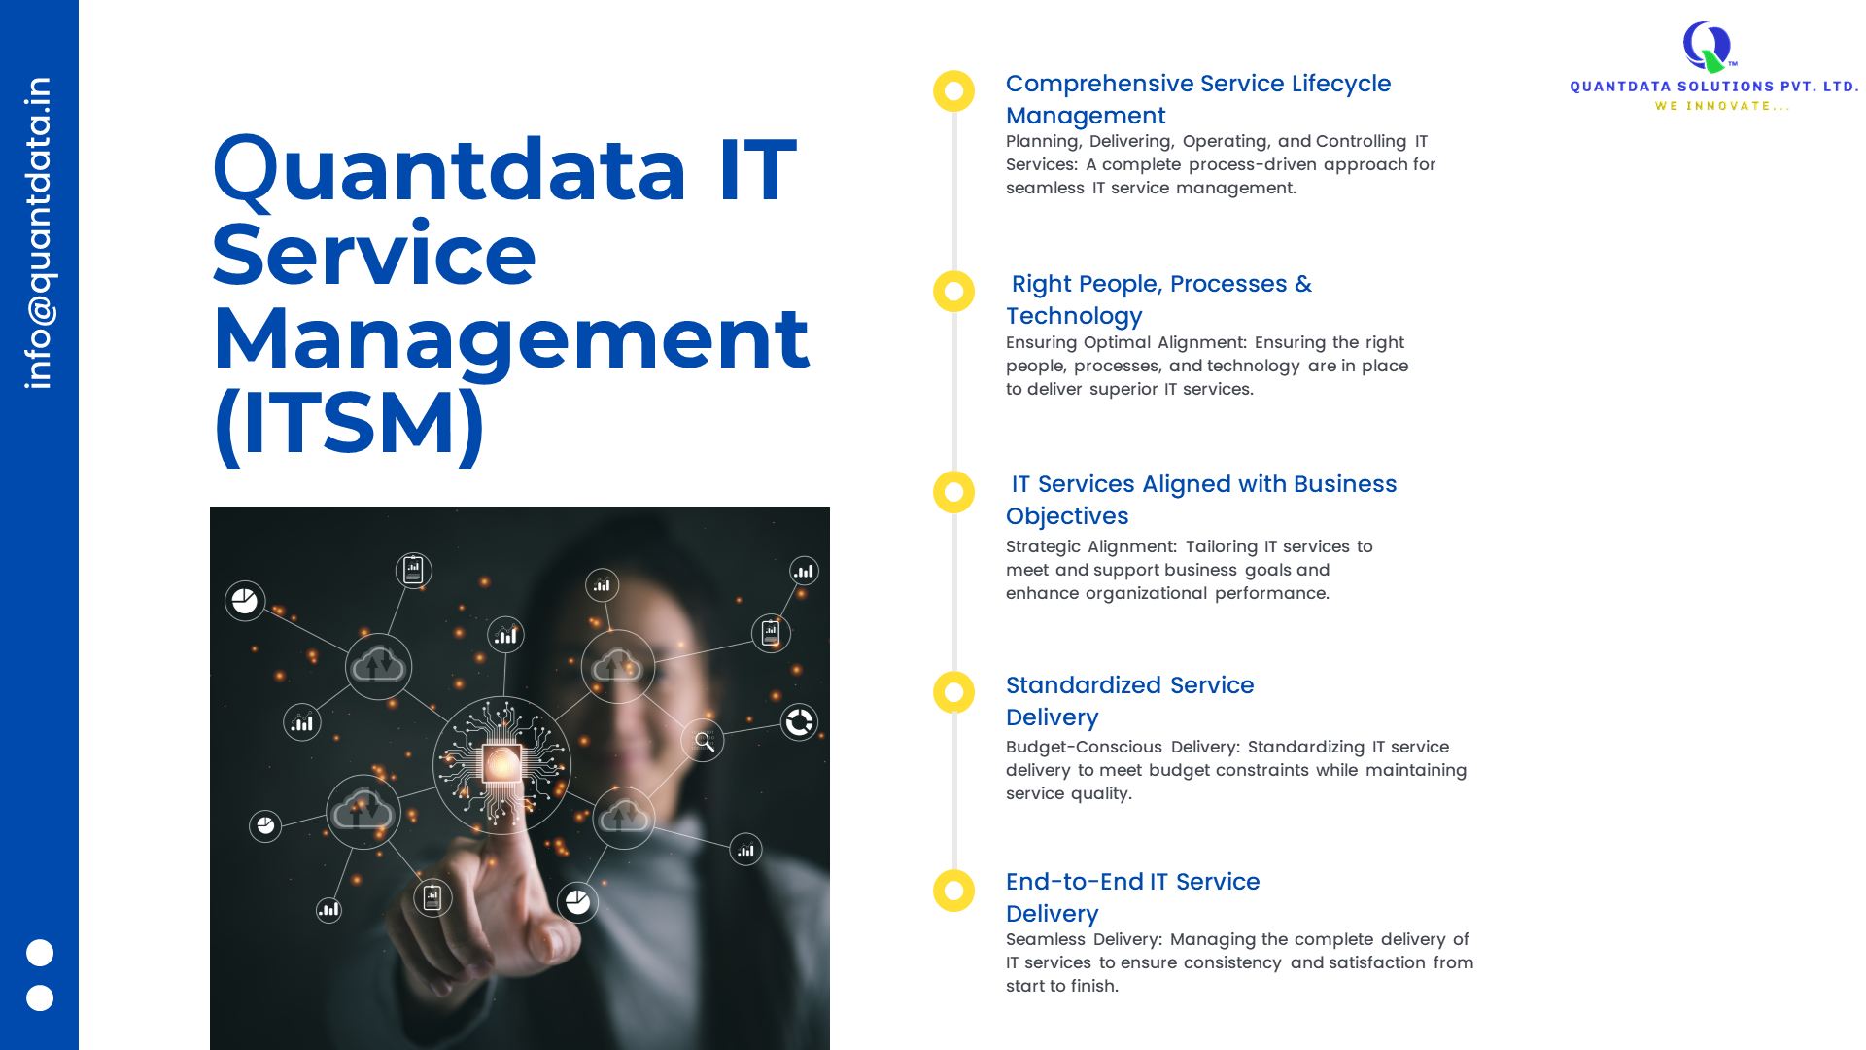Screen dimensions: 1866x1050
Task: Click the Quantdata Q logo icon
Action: pyautogui.click(x=1708, y=47)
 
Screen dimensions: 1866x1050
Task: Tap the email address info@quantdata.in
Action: pyautogui.click(x=39, y=233)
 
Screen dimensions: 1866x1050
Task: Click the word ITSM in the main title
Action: pyautogui.click(x=349, y=422)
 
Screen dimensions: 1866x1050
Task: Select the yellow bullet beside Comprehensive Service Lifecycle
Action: pyautogui.click(x=953, y=90)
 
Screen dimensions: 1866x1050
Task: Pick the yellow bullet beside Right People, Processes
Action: pyautogui.click(x=953, y=292)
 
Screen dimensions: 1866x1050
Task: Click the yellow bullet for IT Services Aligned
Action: pyautogui.click(x=953, y=492)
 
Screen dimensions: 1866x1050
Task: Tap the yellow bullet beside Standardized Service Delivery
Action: pyautogui.click(x=953, y=692)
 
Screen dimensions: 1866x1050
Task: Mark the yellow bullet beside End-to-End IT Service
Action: pyautogui.click(x=953, y=891)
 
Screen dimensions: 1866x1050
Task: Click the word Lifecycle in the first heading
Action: pyautogui.click(x=1341, y=85)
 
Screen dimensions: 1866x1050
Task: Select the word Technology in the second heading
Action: pyautogui.click(x=1074, y=317)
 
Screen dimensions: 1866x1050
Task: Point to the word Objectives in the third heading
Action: pyautogui.click(x=1067, y=516)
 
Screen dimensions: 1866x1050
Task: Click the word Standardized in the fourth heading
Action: pyautogui.click(x=1084, y=685)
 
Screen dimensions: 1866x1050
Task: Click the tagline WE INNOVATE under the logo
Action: pyautogui.click(x=1722, y=106)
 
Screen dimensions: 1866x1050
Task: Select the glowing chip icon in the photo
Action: pyautogui.click(x=502, y=765)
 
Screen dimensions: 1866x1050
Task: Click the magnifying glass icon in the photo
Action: pyautogui.click(x=704, y=742)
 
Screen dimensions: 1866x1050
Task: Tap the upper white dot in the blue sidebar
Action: pyautogui.click(x=40, y=953)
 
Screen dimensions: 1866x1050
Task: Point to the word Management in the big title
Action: pyautogui.click(x=511, y=339)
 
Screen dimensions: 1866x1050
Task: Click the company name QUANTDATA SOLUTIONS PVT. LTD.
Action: pyautogui.click(x=1714, y=87)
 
